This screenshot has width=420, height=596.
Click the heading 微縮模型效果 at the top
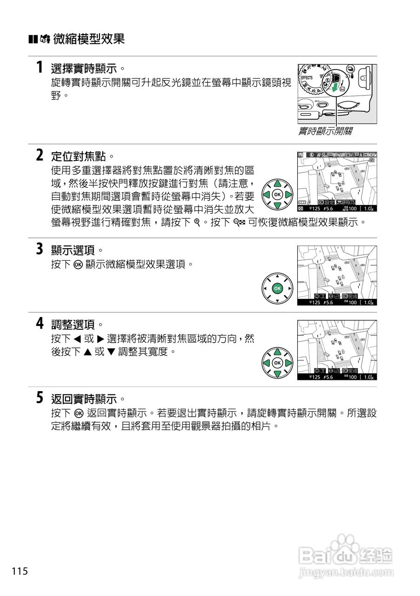pyautogui.click(x=89, y=39)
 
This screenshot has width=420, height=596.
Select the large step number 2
pyautogui.click(x=40, y=155)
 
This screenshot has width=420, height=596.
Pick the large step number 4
pyautogui.click(x=40, y=323)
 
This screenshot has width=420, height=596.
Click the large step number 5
pyautogui.click(x=40, y=398)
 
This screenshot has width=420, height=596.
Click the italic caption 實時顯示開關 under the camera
pyautogui.click(x=325, y=132)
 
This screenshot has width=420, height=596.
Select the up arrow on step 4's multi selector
pyautogui.click(x=277, y=352)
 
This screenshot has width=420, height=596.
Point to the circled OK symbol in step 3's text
pyautogui.click(x=79, y=265)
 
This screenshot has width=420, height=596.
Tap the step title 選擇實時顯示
pyautogui.click(x=84, y=69)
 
